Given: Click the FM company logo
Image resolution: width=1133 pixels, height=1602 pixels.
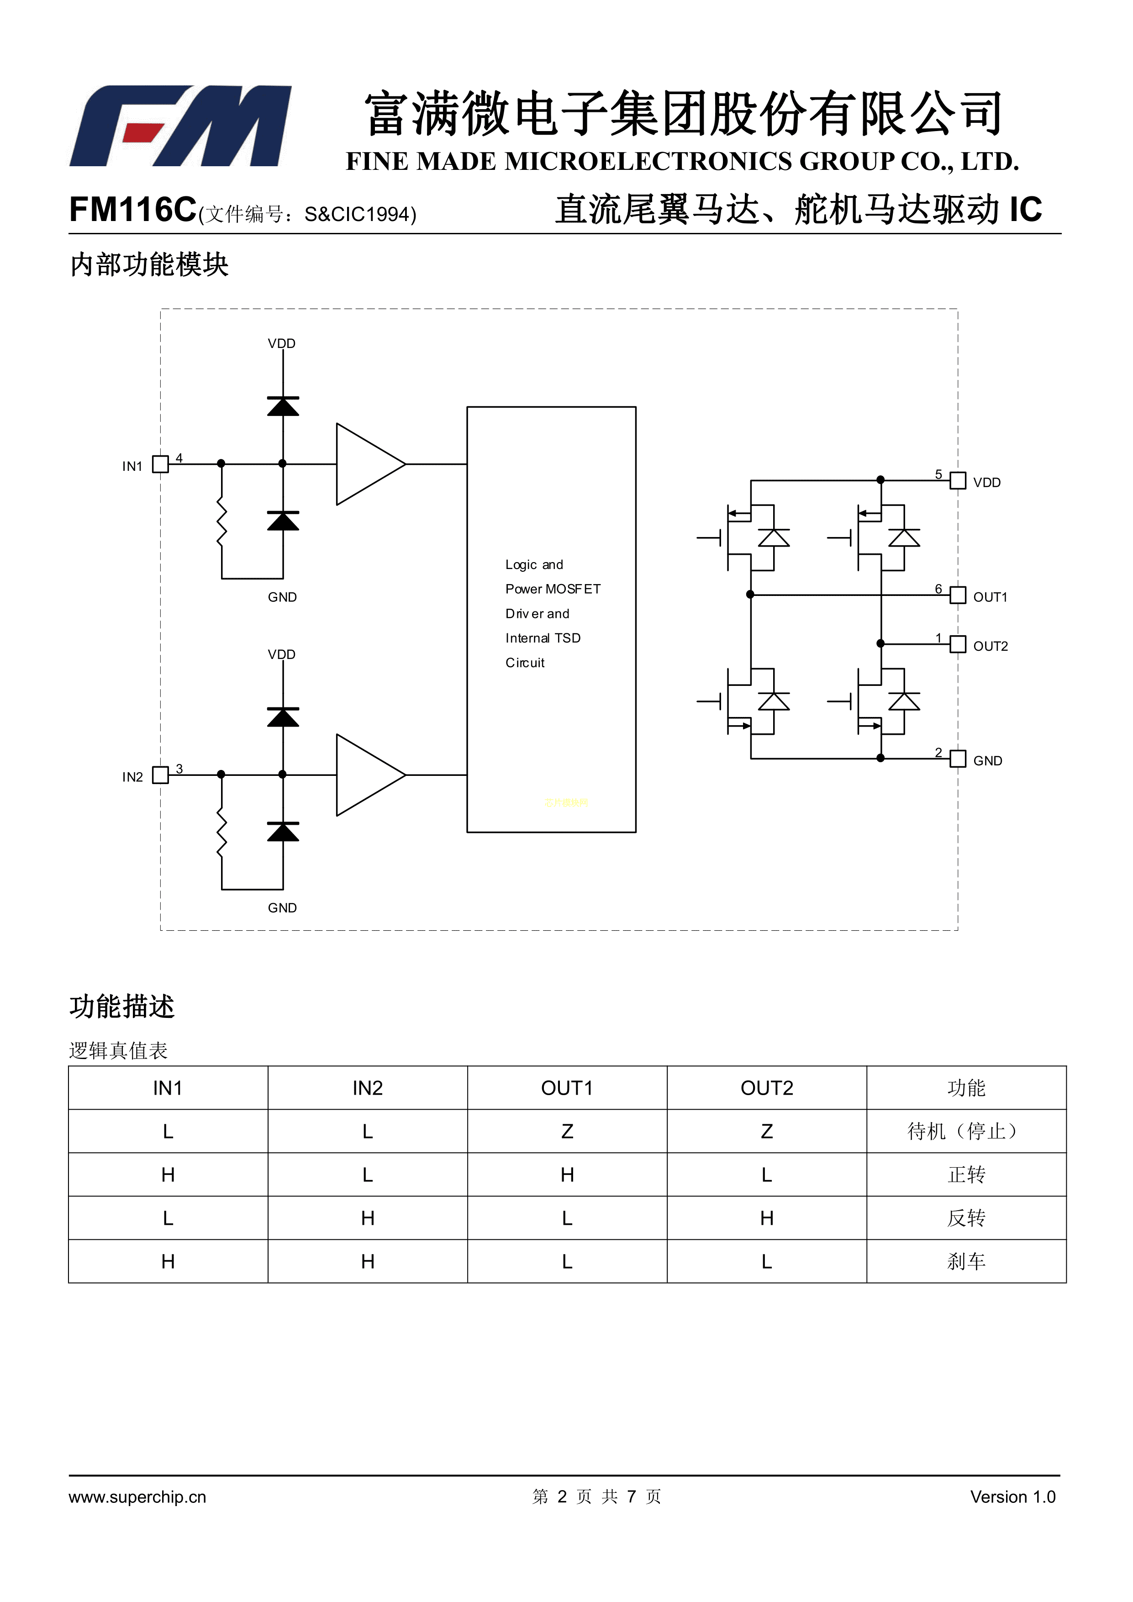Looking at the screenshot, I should click(180, 126).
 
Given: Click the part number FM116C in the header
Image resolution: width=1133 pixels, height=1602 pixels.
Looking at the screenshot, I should click(132, 209).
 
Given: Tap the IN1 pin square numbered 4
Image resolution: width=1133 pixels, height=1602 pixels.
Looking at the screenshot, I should click(160, 464).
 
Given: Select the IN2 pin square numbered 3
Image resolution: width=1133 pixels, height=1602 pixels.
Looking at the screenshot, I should click(160, 775).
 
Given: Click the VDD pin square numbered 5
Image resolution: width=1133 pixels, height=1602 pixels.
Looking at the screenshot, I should click(958, 481).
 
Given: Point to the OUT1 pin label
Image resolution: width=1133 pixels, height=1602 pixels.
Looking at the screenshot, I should click(990, 597).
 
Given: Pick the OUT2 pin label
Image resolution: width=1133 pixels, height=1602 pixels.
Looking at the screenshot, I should click(990, 646).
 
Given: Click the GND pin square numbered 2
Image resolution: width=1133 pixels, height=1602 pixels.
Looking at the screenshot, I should click(958, 759).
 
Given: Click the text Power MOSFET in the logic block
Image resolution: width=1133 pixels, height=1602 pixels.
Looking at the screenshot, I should click(553, 589).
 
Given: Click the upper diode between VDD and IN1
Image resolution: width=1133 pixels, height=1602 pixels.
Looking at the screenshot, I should click(283, 406).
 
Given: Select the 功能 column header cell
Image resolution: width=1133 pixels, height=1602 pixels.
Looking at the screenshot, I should click(966, 1088).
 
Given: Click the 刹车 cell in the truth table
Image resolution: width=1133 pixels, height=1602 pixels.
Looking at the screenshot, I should click(966, 1261).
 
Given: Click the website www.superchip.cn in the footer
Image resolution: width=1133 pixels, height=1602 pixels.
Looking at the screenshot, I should click(137, 1497).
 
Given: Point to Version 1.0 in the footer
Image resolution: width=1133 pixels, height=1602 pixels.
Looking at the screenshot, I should click(1012, 1497).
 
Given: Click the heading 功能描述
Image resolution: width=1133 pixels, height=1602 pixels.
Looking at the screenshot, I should click(122, 1006).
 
